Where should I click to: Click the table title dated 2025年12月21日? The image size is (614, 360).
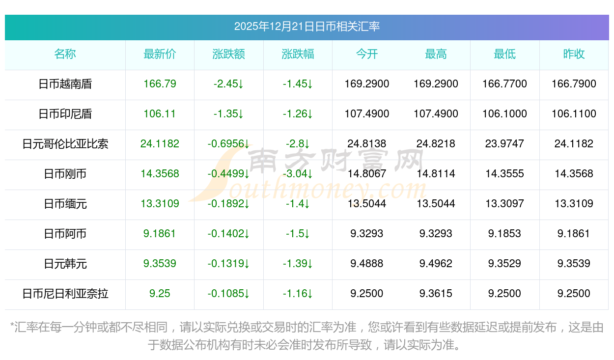point(307,27)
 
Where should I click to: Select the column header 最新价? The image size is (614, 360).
point(160,54)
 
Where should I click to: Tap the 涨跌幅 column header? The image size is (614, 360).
point(298,54)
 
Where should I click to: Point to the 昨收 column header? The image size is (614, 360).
point(574,54)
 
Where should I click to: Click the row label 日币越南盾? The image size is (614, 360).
point(65,84)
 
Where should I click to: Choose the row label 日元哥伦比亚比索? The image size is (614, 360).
point(65,144)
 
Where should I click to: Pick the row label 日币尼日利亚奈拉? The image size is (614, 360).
point(65,294)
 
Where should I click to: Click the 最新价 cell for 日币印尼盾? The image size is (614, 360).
point(160,114)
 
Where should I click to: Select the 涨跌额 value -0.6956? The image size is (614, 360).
point(228,144)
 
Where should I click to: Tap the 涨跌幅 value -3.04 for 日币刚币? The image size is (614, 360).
point(298,174)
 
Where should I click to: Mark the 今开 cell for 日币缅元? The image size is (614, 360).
point(367,204)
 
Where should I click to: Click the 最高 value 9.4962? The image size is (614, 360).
point(436,264)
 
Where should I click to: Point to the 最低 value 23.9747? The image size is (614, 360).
point(504,144)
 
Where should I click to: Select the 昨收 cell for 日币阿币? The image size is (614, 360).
point(574,234)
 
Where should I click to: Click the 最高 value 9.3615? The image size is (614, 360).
point(436,294)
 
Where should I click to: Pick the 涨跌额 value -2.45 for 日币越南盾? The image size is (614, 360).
point(228,84)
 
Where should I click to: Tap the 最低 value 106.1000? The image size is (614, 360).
point(504,114)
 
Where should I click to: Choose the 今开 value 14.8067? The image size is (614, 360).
point(367,174)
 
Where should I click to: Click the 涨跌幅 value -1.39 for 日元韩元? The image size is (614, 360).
point(298,264)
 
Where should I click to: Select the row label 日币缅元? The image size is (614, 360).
point(65,204)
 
